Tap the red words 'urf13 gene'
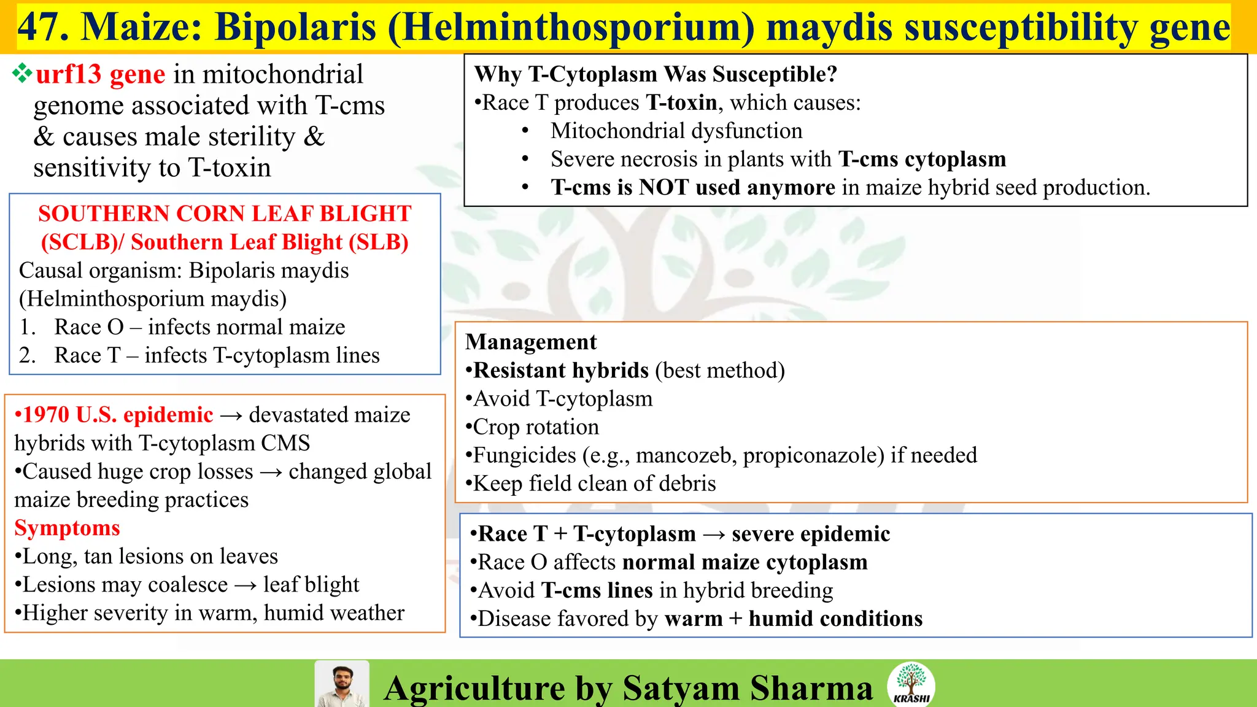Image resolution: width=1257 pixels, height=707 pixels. coord(100,74)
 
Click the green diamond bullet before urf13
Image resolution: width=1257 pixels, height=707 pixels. coord(22,74)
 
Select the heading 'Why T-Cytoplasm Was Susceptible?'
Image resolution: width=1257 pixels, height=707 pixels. coord(656,74)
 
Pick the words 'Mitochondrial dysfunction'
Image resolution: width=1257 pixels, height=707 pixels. coord(676,131)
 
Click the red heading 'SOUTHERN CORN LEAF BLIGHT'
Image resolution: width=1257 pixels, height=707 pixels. coord(225,214)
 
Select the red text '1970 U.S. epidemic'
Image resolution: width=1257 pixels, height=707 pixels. coord(114,415)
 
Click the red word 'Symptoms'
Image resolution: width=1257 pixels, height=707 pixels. coord(67,528)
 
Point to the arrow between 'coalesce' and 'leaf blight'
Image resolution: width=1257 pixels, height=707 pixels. coord(246,585)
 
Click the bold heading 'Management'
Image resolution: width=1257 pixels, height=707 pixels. coord(531,342)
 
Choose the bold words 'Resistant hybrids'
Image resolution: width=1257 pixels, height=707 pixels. coord(561,371)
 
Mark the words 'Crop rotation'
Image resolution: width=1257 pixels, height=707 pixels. coord(536,427)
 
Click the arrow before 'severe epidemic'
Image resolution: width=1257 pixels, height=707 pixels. coord(714,535)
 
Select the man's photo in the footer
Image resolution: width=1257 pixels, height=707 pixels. coord(342,684)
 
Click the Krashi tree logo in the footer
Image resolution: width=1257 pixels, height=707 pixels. coord(911,683)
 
